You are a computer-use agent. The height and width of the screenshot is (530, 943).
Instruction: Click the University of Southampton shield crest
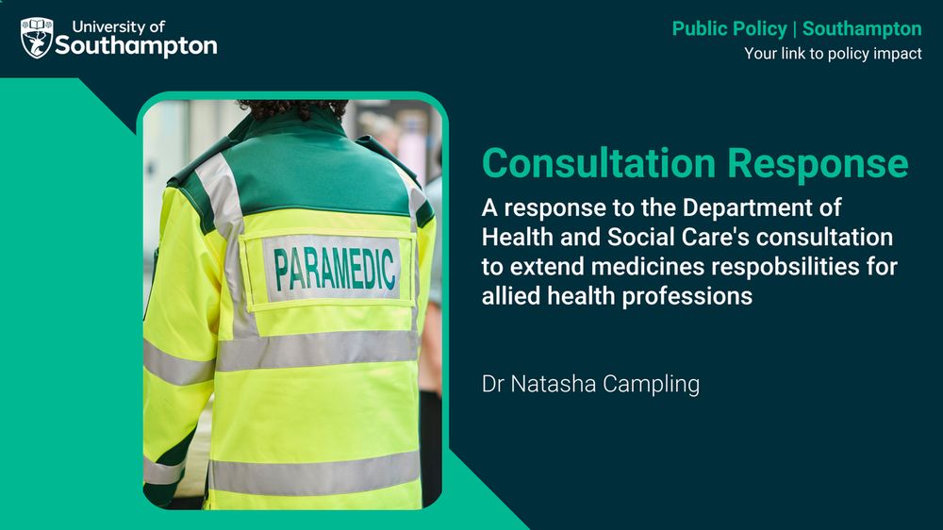point(37,38)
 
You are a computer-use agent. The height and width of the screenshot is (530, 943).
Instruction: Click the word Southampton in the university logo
point(137,46)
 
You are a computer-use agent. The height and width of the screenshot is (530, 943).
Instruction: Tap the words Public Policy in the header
point(730,29)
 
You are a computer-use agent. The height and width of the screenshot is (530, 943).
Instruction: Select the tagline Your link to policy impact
point(833,54)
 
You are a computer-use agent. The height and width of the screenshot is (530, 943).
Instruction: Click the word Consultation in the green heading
point(599,163)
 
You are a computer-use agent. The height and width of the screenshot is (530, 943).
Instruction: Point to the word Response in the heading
point(818,165)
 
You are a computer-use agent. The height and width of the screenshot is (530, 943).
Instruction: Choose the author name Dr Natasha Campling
point(590,384)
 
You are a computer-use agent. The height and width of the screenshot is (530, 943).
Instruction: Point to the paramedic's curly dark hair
point(293,108)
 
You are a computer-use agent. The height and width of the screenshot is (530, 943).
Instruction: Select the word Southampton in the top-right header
point(862,29)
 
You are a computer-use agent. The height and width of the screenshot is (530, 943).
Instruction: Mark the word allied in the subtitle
point(510,296)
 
